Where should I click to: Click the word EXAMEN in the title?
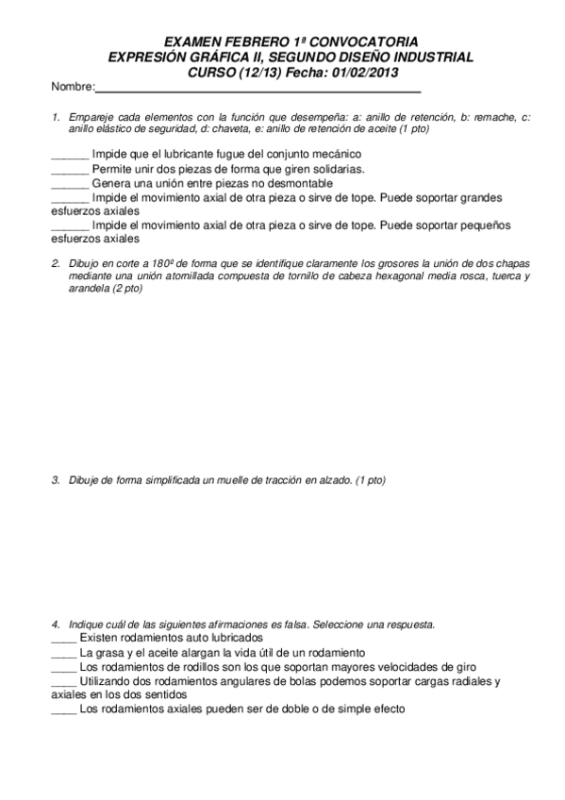[x=193, y=43]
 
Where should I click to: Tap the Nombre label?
[x=72, y=88]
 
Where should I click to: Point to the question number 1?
[x=57, y=117]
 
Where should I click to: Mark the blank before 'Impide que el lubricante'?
[x=69, y=154]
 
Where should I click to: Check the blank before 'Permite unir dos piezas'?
[x=69, y=169]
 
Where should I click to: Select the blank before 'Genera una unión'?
[x=69, y=183]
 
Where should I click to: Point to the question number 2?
[x=57, y=262]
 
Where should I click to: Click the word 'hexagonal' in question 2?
[x=403, y=275]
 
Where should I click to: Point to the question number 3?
[x=57, y=480]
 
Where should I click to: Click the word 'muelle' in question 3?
[x=248, y=480]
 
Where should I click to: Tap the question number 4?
[x=57, y=625]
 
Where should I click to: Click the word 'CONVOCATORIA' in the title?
[x=362, y=43]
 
